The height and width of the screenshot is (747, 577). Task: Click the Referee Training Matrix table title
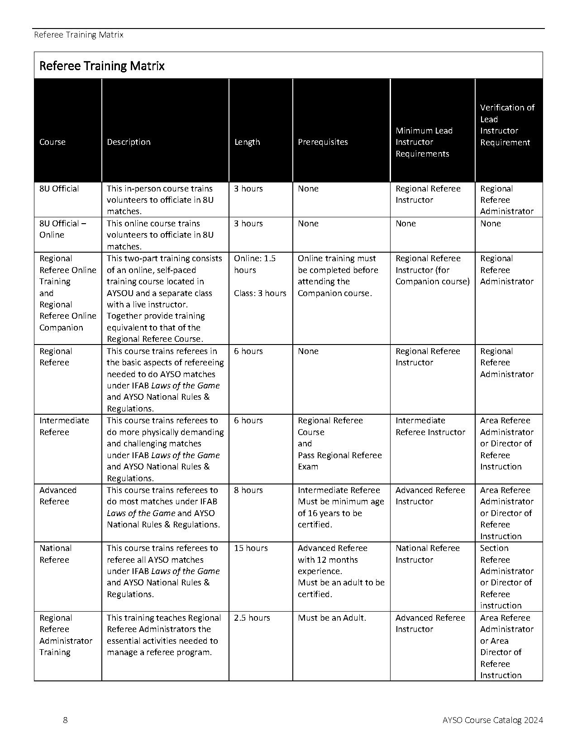pyautogui.click(x=102, y=66)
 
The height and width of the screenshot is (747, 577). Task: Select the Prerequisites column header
pyautogui.click(x=323, y=142)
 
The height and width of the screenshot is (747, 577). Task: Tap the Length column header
pyautogui.click(x=247, y=142)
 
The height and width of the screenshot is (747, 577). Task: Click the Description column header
pyautogui.click(x=129, y=142)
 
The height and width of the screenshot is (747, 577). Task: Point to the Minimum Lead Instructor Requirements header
pyautogui.click(x=424, y=142)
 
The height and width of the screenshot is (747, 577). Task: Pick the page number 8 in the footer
pyautogui.click(x=66, y=720)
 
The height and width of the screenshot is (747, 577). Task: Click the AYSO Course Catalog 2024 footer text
pyautogui.click(x=493, y=720)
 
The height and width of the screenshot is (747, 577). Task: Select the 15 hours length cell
pyautogui.click(x=251, y=548)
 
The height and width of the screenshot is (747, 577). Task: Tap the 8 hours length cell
pyautogui.click(x=248, y=490)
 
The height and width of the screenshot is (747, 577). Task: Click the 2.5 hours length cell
pyautogui.click(x=252, y=618)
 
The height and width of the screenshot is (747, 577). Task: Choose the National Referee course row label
pyautogui.click(x=55, y=554)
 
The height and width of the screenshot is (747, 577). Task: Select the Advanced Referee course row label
pyautogui.click(x=57, y=496)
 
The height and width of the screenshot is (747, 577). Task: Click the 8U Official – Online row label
pyautogui.click(x=62, y=229)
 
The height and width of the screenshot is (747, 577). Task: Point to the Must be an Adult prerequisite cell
pyautogui.click(x=332, y=618)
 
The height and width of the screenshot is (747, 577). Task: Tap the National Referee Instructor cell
pyautogui.click(x=427, y=554)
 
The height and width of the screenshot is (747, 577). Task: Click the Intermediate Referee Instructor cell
pyautogui.click(x=430, y=426)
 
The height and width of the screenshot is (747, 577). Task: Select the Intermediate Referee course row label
pyautogui.click(x=64, y=426)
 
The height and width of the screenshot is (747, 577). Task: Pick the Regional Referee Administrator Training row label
pyautogui.click(x=65, y=635)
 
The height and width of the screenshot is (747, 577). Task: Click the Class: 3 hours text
pyautogui.click(x=260, y=293)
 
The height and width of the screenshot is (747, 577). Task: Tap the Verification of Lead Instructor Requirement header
pyautogui.click(x=507, y=125)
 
